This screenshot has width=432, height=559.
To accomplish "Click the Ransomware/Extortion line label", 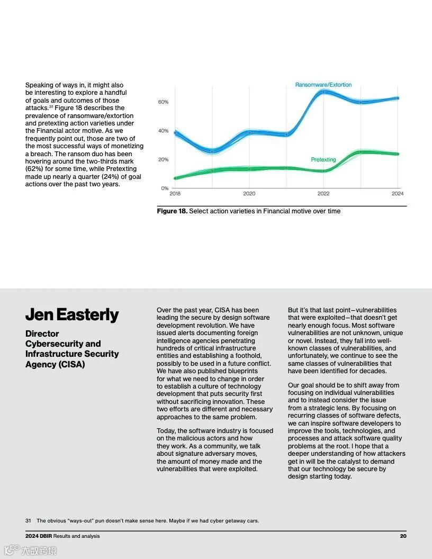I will [x=323, y=85].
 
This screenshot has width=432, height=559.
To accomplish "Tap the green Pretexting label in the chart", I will [x=323, y=159].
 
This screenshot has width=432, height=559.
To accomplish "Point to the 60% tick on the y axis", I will [x=163, y=102].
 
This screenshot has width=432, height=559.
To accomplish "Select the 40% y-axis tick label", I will [x=163, y=131].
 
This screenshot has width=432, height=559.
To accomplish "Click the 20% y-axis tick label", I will [x=163, y=159].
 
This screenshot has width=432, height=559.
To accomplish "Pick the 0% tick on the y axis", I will [x=165, y=188].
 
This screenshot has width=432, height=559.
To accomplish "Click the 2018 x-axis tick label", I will [x=175, y=194].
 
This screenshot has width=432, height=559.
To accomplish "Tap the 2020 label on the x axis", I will [x=249, y=194].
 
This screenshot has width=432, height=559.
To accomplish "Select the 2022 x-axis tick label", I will [x=323, y=194].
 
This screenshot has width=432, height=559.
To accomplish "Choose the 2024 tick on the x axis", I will [x=398, y=194].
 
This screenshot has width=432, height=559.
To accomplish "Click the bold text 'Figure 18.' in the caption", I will [x=172, y=211].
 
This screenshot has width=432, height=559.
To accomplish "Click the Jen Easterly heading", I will [x=72, y=314].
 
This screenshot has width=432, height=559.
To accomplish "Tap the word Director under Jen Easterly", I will [x=42, y=333].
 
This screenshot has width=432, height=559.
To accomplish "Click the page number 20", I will [x=403, y=536].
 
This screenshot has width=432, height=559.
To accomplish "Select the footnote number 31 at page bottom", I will [x=28, y=521].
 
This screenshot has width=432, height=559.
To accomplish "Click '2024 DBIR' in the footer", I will [x=38, y=536].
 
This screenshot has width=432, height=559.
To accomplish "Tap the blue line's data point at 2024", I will [x=398, y=98].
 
